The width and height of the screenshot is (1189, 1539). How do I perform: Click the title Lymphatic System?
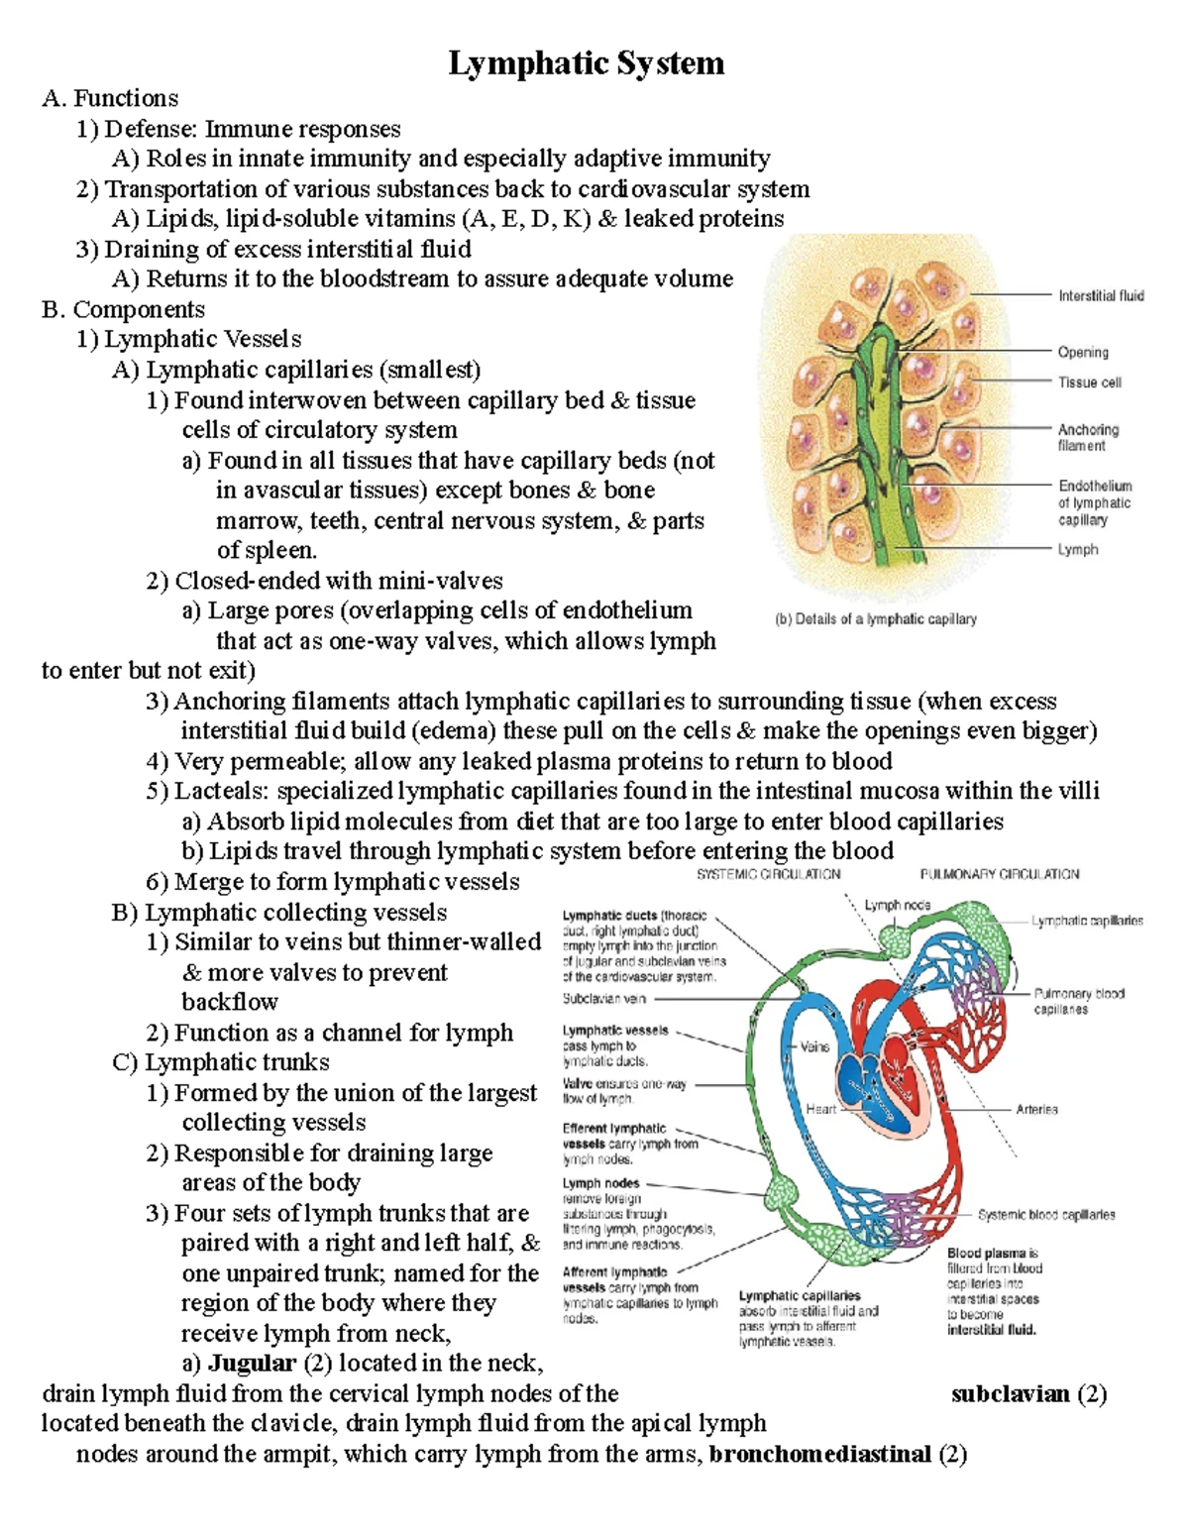point(587,63)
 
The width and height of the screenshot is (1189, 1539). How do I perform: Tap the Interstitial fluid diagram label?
point(1100,295)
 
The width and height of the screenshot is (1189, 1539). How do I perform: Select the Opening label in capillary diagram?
point(1083,352)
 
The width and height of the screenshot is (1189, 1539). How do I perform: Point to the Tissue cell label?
point(1090,383)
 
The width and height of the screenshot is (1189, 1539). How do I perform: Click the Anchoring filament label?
point(1088,437)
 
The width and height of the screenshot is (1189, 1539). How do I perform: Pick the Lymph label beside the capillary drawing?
point(1078,549)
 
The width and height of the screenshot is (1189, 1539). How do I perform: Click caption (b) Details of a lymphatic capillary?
point(875,618)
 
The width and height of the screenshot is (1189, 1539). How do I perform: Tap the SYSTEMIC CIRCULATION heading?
point(768,874)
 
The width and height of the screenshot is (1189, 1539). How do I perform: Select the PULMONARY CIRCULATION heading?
point(1000,874)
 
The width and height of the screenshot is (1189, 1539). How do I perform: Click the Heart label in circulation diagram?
point(820,1109)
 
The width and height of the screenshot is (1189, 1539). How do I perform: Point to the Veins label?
point(814,1046)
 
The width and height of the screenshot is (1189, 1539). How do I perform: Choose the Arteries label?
point(1036,1109)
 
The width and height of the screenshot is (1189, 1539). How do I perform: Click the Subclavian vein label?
point(604,999)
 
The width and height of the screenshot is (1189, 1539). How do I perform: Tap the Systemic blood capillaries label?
point(1046,1214)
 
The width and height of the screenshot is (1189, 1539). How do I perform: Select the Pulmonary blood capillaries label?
point(1079,1001)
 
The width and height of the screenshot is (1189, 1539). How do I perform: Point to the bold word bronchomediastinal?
point(820,1454)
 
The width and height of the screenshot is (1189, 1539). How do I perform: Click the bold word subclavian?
point(1010,1394)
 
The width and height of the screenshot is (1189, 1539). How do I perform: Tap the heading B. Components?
point(123,309)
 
